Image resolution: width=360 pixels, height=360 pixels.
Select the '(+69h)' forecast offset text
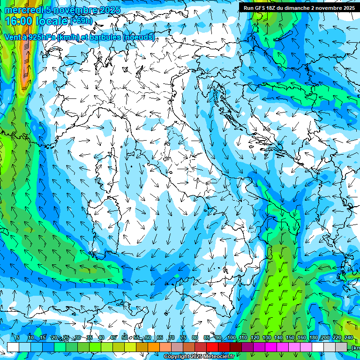81,21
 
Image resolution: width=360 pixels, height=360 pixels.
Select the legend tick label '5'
18,337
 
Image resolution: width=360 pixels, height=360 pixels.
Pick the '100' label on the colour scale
231,337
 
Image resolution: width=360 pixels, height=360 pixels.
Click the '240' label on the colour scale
348,337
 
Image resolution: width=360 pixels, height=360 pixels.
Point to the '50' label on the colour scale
124,337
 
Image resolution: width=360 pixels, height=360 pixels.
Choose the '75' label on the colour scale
183,337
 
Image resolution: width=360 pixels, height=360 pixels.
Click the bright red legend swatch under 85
212,347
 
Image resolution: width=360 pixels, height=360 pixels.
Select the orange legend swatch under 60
154,347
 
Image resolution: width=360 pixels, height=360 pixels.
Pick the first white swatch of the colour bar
13,347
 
